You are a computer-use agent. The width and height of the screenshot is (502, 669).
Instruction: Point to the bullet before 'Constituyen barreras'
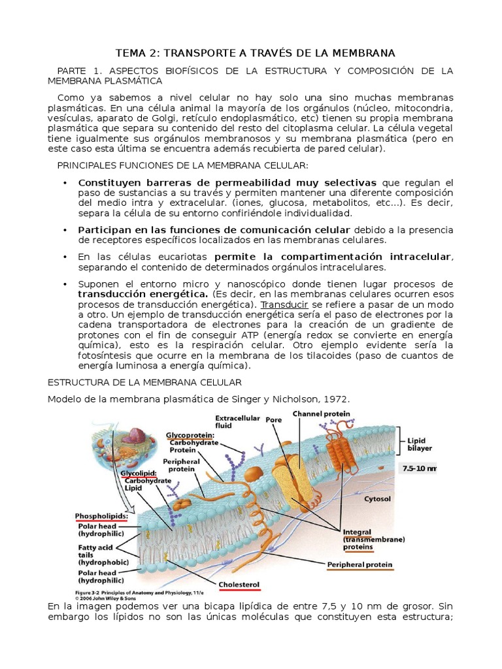coord(65,182)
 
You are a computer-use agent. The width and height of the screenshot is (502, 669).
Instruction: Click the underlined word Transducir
coord(284,304)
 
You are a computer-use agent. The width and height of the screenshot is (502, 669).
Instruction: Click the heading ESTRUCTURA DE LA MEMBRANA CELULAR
coord(145,382)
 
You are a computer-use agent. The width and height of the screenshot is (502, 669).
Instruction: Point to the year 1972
coord(336,399)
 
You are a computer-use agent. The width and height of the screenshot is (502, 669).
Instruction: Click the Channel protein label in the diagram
coord(321,414)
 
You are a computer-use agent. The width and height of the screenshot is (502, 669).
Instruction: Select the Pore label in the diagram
coord(273,421)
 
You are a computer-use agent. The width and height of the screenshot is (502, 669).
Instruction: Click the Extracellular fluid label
coord(238,422)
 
